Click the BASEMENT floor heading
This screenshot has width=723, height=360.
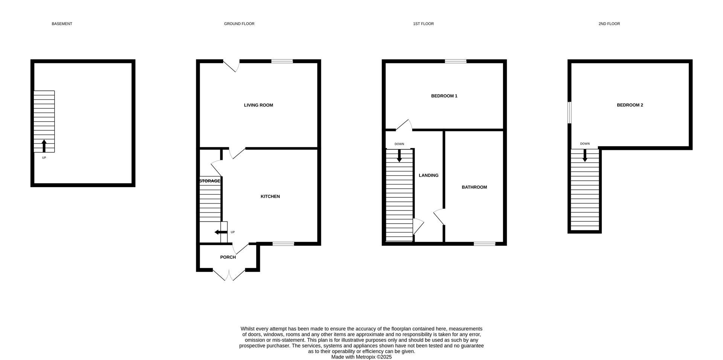pos(62,24)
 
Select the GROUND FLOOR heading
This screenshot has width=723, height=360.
pos(239,24)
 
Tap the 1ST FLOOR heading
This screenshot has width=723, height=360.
pos(423,24)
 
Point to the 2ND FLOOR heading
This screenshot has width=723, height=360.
pos(609,24)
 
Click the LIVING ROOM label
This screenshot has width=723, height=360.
pos(258,105)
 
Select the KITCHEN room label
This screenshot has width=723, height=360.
pos(270,197)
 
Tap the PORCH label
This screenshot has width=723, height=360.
pos(228,257)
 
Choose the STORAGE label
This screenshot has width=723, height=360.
pos(209,181)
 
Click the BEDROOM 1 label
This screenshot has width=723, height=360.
pos(444,96)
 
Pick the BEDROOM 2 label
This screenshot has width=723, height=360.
pos(630,105)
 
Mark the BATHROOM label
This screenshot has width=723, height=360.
pos(474,187)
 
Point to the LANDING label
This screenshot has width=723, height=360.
pos(429,175)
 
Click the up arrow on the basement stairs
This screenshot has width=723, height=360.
pos(44,146)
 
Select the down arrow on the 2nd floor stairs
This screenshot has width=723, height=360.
pos(585,156)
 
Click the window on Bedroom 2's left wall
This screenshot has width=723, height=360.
pos(570,113)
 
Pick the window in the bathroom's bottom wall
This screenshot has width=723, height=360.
pos(484,244)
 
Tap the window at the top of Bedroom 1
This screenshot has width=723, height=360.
pos(455,61)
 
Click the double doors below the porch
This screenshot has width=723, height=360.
pos(229,275)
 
